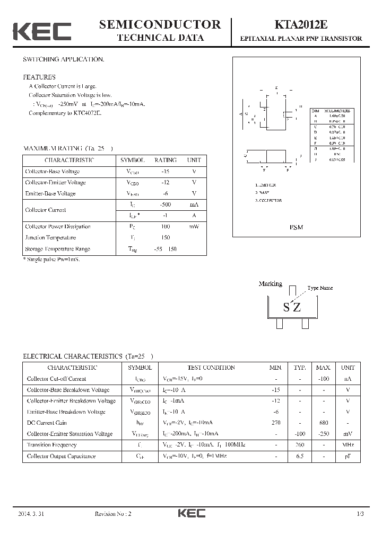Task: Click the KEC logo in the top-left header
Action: click(42, 31)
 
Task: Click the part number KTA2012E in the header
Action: click(300, 25)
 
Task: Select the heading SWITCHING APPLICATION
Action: click(64, 59)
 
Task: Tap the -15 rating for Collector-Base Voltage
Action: click(166, 172)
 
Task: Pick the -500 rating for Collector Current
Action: click(166, 204)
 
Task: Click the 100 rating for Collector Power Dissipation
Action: click(166, 227)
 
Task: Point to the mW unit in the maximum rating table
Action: click(194, 227)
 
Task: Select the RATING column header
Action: click(166, 160)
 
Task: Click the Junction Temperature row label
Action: click(50, 238)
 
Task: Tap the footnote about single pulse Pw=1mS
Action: click(51, 260)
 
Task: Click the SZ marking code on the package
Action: click(291, 307)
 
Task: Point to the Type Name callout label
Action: click(320, 288)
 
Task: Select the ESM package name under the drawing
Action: click(296, 227)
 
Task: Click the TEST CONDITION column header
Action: click(211, 368)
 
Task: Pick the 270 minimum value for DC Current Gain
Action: click(275, 423)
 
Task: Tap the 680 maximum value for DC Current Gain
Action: click(323, 423)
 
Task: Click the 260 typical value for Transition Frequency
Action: click(300, 445)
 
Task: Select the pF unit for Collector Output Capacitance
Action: click(348, 456)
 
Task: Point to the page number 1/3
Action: click(361, 514)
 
